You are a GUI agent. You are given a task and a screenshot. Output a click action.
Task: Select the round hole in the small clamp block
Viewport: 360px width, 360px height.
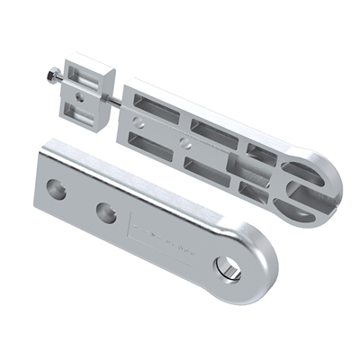point(78,93)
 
